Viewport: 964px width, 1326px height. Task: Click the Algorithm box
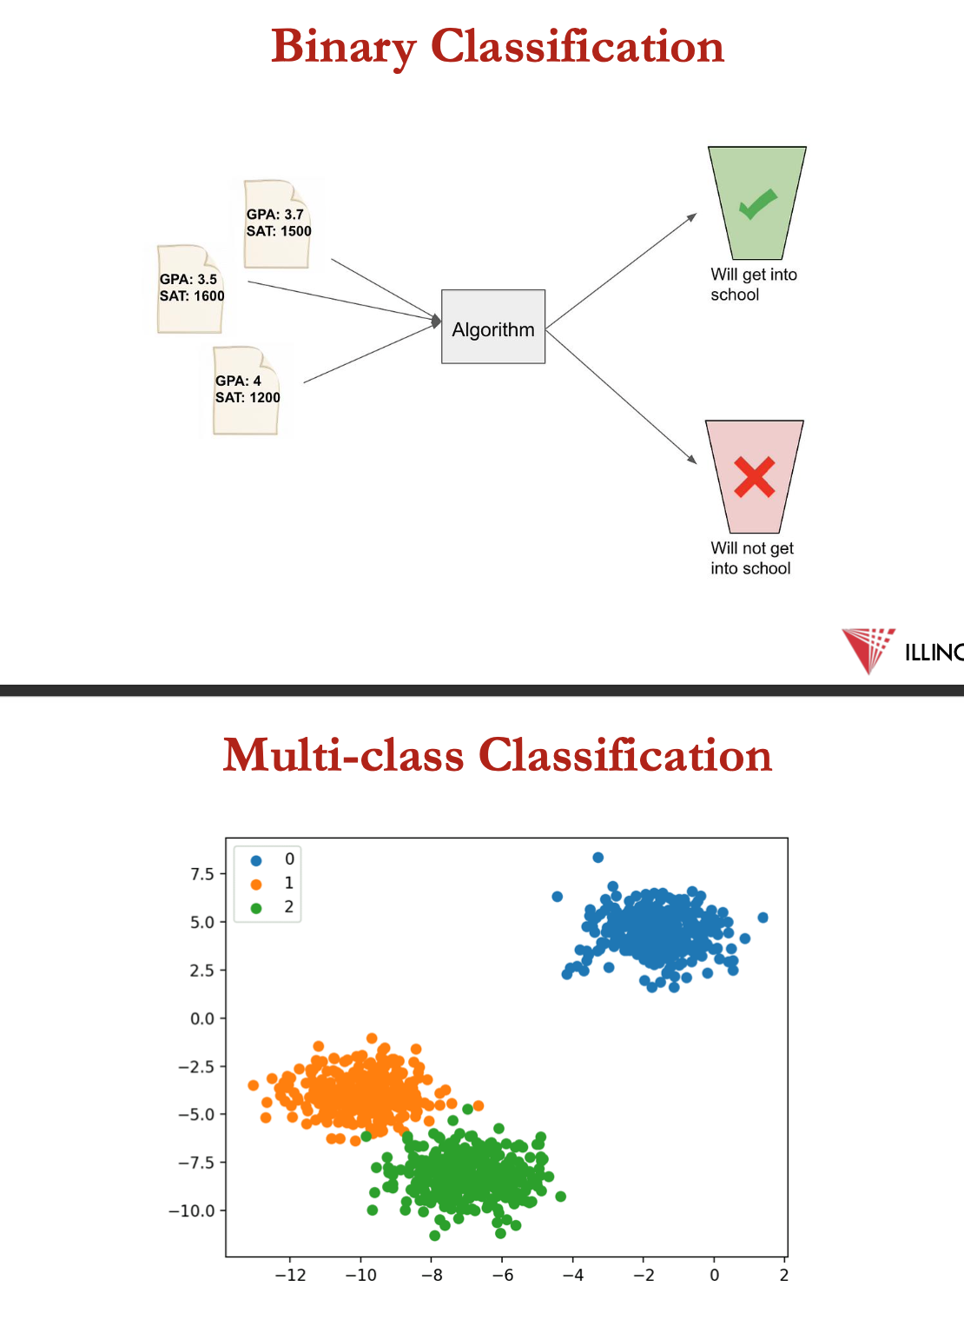493,326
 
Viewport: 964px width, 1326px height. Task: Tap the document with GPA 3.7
277,224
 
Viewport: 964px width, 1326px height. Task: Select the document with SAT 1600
190,288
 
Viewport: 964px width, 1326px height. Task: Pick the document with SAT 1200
246,391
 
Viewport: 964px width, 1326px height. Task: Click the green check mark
758,203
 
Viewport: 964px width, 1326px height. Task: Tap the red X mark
754,476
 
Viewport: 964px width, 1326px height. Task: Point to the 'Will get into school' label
753,284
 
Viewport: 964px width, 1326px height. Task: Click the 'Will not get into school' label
751,558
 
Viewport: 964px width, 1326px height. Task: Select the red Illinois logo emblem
868,650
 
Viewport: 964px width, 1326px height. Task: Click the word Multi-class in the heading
343,755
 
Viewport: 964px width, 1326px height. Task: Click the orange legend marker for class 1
256,885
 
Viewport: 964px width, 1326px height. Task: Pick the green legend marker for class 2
256,908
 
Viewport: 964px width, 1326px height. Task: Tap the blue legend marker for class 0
256,861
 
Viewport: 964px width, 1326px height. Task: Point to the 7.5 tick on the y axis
202,874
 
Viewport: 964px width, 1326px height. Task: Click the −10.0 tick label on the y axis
191,1210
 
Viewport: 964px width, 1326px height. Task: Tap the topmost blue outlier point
598,857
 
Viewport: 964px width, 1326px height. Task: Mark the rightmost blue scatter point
763,918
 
